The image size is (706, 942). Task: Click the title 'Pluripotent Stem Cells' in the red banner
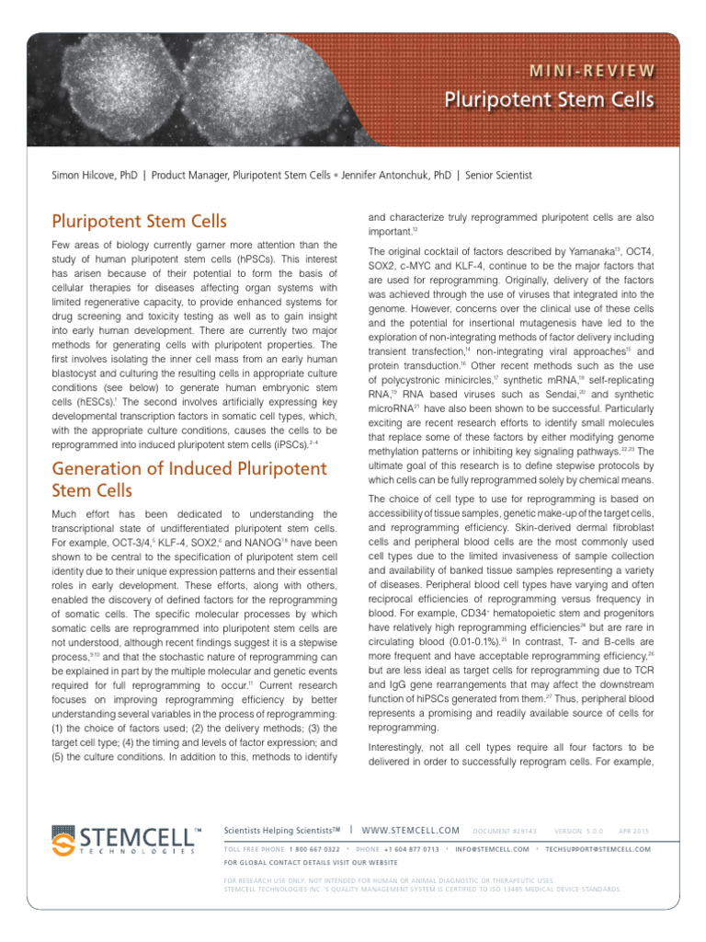point(550,99)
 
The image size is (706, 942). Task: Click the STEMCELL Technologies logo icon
point(64,839)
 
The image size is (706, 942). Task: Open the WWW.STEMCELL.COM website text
point(412,831)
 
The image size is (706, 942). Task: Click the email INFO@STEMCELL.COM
point(492,848)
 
